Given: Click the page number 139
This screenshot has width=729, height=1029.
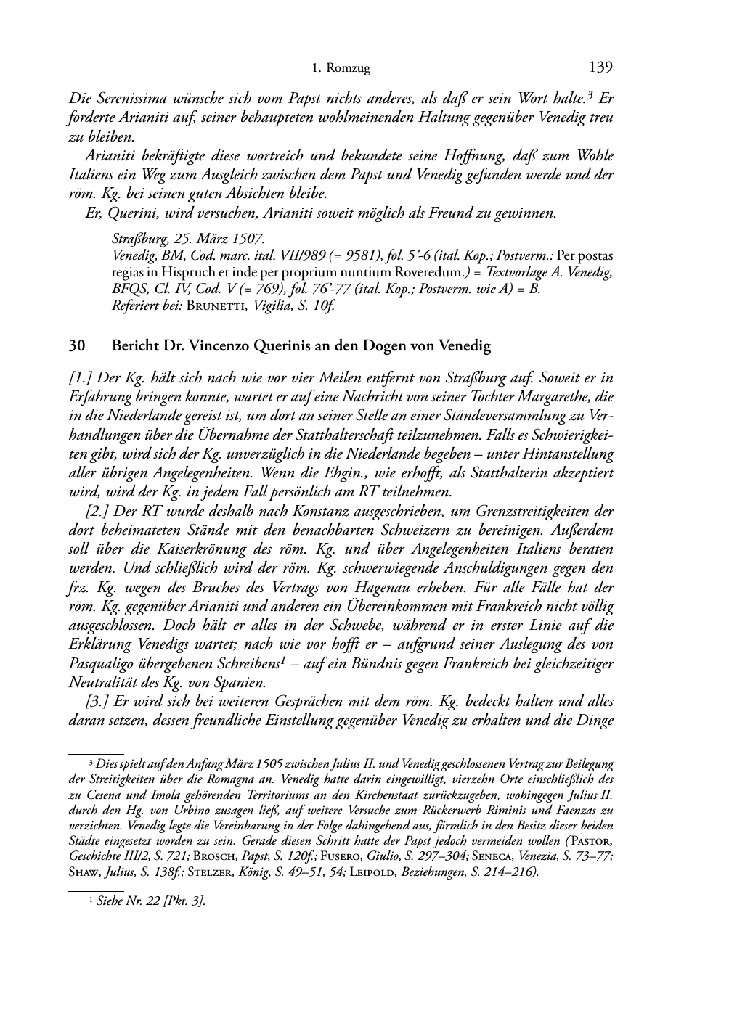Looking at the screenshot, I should click(x=601, y=67).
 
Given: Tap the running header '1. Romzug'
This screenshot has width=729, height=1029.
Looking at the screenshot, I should click(x=341, y=69).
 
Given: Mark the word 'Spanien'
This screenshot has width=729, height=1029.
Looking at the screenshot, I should click(x=239, y=683).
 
